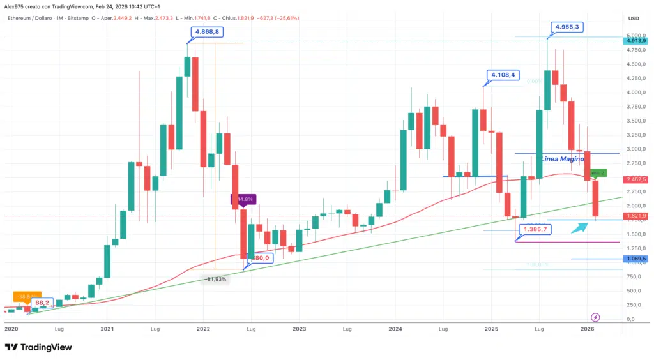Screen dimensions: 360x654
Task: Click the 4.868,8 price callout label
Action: pos(207,31)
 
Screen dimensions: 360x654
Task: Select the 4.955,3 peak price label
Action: pos(568,27)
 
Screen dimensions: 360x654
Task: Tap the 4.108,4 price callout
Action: pos(503,75)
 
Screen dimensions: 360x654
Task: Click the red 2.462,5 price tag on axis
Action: pos(637,179)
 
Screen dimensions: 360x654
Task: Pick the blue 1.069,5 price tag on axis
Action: pos(637,259)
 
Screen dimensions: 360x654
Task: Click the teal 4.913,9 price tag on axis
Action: pos(637,40)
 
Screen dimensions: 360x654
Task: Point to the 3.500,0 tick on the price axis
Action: pos(634,121)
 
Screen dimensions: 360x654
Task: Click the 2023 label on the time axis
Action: pos(300,329)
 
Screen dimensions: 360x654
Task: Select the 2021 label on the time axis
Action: pos(107,329)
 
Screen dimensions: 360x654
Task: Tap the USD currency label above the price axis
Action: pos(634,18)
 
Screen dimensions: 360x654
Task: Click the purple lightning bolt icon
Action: pos(595,317)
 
